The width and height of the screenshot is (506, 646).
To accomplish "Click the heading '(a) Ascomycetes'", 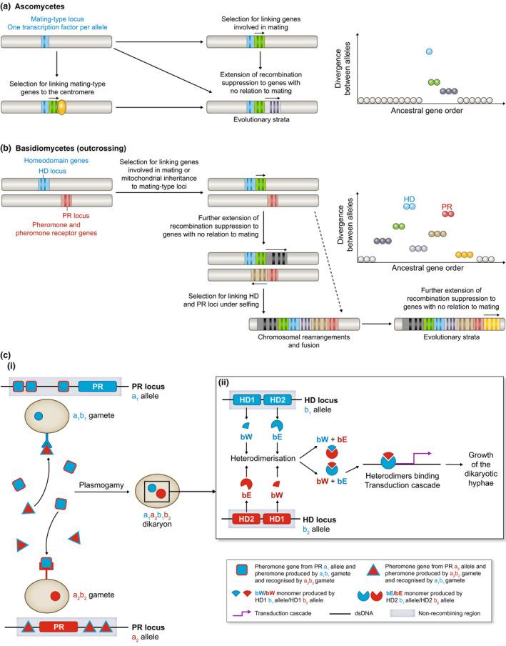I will click(x=37, y=6).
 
